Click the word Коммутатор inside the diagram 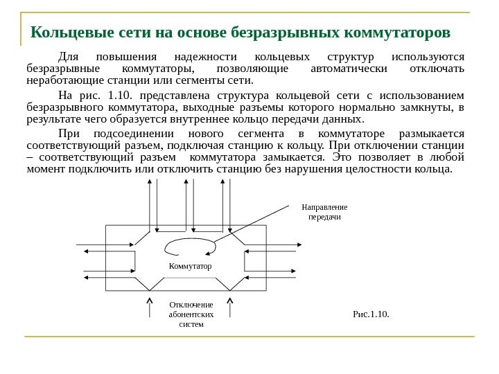(190, 265)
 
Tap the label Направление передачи (324, 212)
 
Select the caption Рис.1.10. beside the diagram (371, 314)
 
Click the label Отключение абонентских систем (191, 314)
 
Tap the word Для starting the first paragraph (70, 56)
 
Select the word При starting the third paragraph (71, 133)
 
